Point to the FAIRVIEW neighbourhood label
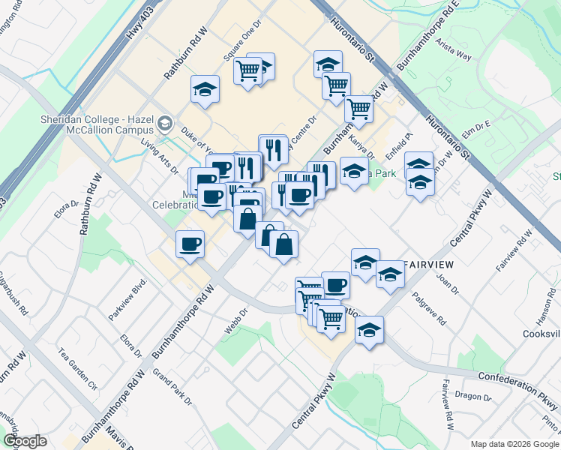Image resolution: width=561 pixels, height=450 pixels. [x=430, y=265]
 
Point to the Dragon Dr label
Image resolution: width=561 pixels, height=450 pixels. [x=472, y=397]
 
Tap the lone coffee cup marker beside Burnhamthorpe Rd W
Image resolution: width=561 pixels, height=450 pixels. [x=190, y=243]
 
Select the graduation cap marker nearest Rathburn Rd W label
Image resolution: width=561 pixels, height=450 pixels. [x=205, y=89]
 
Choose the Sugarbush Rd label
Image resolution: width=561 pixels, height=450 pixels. [x=13, y=295]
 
